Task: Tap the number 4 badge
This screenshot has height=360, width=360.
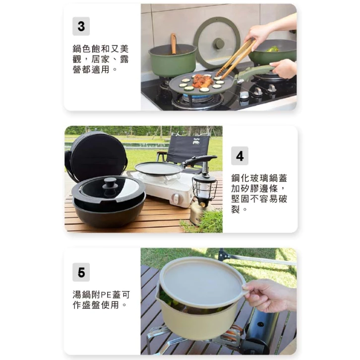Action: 240,156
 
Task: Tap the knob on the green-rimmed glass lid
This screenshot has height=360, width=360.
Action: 218,44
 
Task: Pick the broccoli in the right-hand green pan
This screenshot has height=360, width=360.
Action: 273,49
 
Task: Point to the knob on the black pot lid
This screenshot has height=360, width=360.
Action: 110,182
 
